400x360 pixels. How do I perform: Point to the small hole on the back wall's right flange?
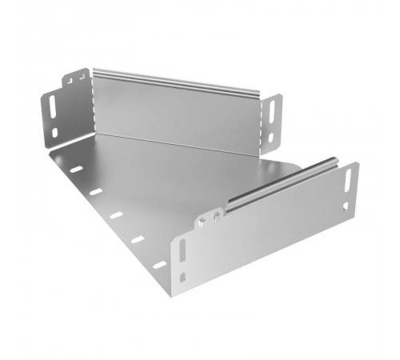(270, 137)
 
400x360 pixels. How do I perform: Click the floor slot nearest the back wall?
(76, 170)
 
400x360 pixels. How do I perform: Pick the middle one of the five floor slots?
(117, 215)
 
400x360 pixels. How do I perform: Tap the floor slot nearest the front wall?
(160, 264)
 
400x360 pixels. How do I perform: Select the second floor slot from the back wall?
(96, 192)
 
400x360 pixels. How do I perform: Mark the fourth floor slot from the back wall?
(138, 239)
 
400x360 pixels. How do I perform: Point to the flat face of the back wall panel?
(176, 116)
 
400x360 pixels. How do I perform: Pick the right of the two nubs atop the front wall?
(219, 214)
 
